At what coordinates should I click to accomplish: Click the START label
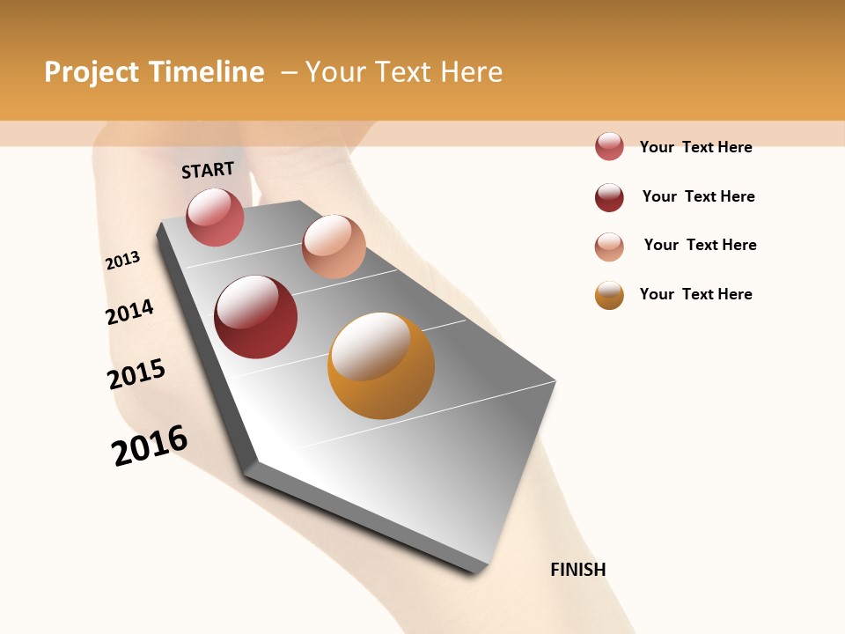pos(208,170)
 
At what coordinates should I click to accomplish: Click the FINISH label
pos(578,570)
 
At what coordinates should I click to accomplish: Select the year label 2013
pos(122,261)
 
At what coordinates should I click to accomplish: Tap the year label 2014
pos(129,313)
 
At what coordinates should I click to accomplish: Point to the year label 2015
pos(136,374)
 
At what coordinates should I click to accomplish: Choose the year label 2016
pos(150,446)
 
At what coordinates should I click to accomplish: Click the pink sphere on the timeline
pos(215,217)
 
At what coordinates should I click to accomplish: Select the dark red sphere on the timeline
pos(256,317)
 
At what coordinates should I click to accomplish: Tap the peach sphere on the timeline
pos(334,247)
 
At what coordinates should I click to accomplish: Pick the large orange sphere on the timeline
pos(381,365)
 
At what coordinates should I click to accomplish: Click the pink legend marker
pos(609,147)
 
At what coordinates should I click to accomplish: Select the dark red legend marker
pos(609,197)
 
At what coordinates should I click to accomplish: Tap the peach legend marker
pos(609,247)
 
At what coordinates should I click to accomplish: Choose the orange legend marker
pos(609,295)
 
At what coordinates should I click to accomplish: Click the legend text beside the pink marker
pos(695,147)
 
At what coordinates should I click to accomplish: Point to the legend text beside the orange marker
pos(695,294)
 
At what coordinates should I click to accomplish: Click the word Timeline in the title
pos(206,72)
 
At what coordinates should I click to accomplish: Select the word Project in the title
pos(92,72)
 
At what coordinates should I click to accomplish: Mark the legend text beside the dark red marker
pos(698,196)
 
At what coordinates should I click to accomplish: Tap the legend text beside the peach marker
pos(700,245)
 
